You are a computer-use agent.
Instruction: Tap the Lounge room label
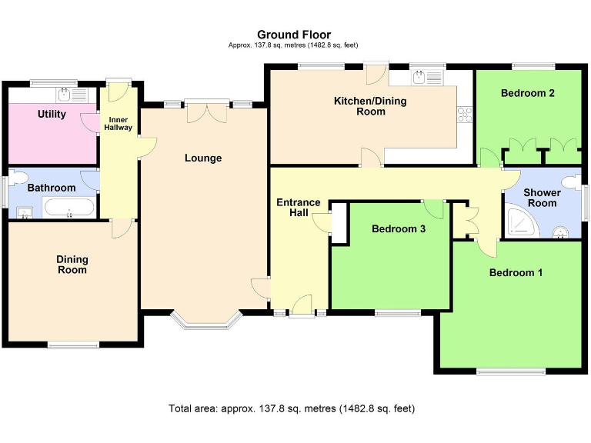tap(203, 158)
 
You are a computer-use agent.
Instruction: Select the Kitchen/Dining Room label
tap(370, 106)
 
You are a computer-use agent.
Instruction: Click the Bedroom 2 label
tap(528, 93)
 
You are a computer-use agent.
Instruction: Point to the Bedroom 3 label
tap(399, 228)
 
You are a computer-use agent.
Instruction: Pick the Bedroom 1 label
tap(516, 272)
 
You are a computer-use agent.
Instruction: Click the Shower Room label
tap(540, 198)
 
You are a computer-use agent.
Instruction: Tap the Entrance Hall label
tap(299, 208)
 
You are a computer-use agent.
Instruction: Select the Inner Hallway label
tap(119, 124)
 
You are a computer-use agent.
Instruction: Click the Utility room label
tap(52, 115)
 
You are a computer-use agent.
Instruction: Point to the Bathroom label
tap(52, 188)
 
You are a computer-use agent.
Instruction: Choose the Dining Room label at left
tap(72, 265)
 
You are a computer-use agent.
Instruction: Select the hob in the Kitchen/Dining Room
tap(465, 115)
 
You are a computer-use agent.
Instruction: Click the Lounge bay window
tap(205, 321)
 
